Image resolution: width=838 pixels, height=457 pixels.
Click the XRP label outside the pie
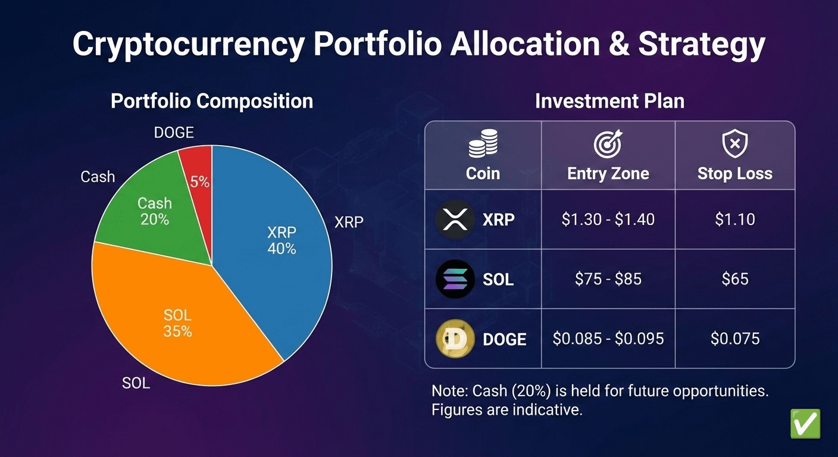349,222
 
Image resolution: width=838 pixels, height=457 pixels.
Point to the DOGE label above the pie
174,133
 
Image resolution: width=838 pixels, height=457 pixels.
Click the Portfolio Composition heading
212,101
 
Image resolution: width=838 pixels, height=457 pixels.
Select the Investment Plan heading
609,101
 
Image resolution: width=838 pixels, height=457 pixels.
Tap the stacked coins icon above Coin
483,144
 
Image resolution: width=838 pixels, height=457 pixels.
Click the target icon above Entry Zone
608,144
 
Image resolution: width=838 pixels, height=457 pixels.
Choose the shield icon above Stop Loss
734,144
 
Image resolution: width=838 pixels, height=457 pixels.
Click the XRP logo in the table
455,220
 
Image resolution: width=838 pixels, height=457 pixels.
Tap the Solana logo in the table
455,279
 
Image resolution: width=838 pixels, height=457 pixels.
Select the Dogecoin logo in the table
455,339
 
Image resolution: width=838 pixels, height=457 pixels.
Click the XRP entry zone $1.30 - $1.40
608,220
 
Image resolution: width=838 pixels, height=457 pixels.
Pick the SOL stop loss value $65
734,279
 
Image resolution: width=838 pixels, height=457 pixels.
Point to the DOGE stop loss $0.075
734,339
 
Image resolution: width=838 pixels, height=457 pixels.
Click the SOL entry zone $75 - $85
608,279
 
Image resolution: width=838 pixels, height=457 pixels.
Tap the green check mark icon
805,424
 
